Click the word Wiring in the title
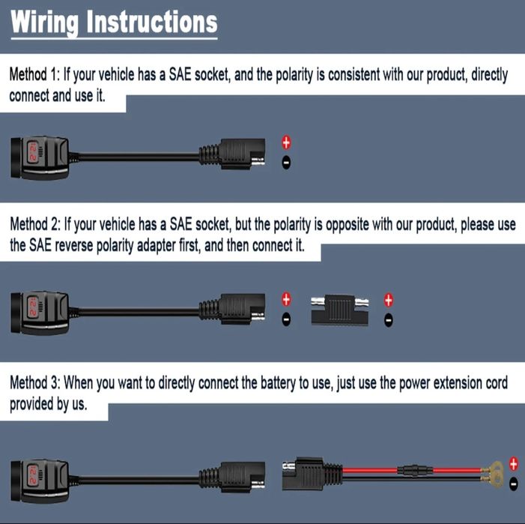44,22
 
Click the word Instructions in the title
152,22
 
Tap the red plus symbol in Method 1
286,142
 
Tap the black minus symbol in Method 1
286,163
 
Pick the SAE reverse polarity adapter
340,310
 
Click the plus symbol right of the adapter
389,300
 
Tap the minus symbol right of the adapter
389,320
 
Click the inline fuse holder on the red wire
415,470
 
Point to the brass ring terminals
493,473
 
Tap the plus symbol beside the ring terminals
514,464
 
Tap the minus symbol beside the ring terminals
514,484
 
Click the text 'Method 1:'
34,74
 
